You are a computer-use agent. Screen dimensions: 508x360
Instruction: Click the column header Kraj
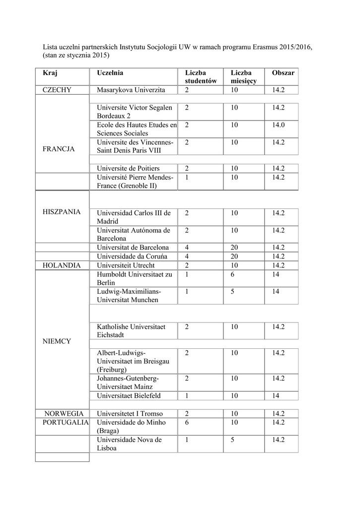point(50,73)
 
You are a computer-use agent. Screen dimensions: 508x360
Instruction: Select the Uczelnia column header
point(110,73)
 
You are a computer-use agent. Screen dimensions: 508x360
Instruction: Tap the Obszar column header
point(283,73)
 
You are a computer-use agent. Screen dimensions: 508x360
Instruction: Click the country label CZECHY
point(57,90)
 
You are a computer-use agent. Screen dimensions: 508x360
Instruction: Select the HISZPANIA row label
point(62,212)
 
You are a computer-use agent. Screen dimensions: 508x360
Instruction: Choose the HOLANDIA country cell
point(62,265)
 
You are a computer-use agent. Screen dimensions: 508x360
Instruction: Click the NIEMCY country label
point(57,341)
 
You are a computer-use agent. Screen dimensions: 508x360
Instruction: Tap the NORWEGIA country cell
point(62,414)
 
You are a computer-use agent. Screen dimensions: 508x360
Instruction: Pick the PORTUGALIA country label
point(63,422)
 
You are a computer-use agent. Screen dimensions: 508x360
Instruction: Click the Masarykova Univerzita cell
point(131,90)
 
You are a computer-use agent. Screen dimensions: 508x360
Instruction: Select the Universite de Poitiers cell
point(128,169)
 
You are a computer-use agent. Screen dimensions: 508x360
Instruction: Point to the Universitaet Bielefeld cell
point(129,395)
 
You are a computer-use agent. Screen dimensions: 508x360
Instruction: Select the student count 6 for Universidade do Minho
point(187,422)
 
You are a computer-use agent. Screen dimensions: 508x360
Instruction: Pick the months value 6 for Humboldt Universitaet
point(232,274)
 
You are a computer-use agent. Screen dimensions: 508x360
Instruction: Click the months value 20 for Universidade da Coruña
point(234,256)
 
